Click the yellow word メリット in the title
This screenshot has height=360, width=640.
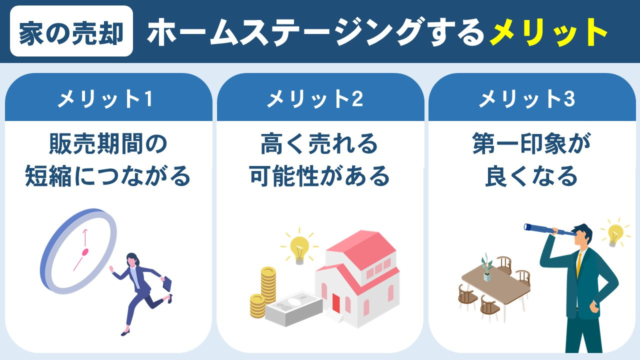point(548,33)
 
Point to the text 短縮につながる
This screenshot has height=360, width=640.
point(108,176)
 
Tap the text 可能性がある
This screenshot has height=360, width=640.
point(319,176)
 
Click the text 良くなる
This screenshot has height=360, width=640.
point(531,176)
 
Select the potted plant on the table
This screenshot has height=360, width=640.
point(486,267)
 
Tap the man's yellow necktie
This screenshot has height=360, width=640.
point(579,265)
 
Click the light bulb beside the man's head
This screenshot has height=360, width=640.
point(614,233)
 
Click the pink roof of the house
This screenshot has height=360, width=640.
point(360,255)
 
